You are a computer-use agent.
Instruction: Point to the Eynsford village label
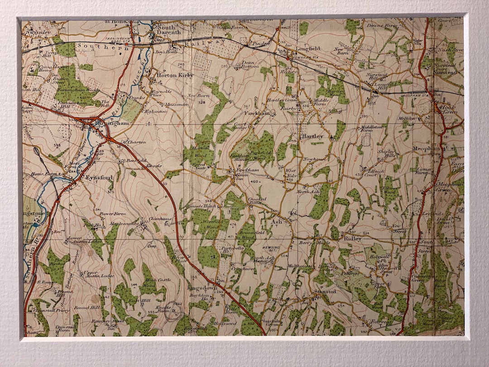[98, 178]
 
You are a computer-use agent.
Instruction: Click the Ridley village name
[352, 238]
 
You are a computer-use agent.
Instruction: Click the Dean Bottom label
[248, 65]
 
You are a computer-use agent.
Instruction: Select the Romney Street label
[113, 321]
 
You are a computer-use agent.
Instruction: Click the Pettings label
[350, 273]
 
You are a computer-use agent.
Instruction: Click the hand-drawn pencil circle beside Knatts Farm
[174, 312]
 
